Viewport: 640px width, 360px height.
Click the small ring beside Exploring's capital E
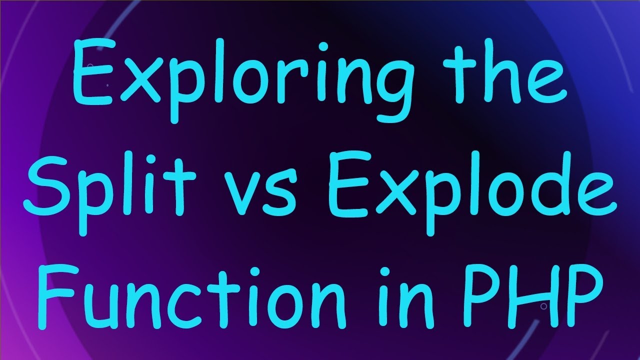pos(90,66)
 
